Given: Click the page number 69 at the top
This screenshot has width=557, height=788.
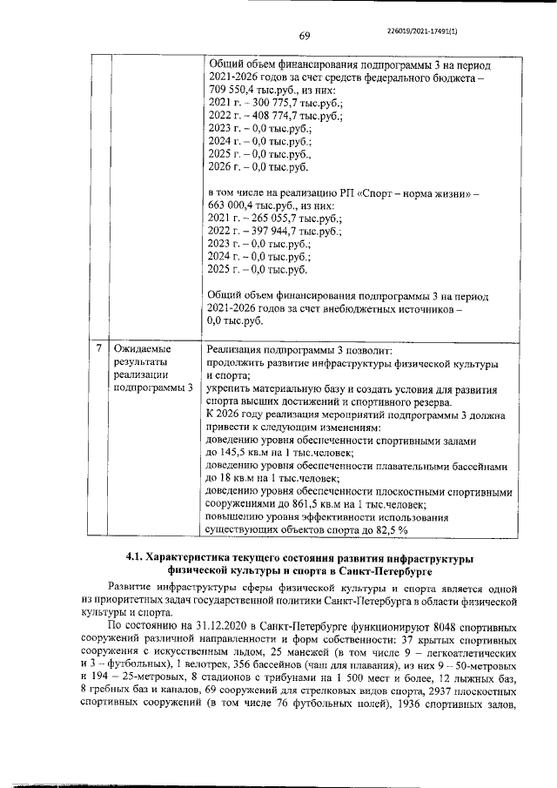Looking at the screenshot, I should (x=305, y=36).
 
